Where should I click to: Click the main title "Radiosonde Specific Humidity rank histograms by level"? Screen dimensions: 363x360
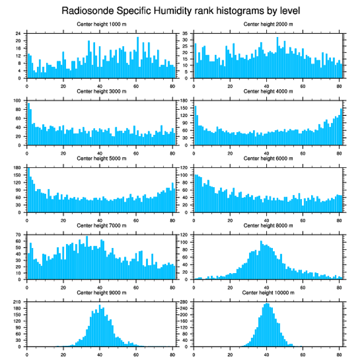click(x=180, y=10)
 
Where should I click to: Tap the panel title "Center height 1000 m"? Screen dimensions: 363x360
click(x=101, y=24)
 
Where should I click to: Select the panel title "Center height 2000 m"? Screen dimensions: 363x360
click(x=268, y=24)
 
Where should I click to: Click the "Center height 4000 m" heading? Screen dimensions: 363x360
click(x=268, y=91)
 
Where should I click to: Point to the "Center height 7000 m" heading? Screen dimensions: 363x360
click(x=101, y=225)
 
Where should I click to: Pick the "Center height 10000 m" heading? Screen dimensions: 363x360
click(x=268, y=293)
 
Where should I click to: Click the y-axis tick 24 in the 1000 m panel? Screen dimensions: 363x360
click(x=18, y=33)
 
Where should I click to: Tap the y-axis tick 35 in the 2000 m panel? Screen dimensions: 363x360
click(x=185, y=33)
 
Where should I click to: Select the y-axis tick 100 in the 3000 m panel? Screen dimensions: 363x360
click(x=17, y=100)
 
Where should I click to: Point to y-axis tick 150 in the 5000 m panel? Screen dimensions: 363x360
click(x=17, y=175)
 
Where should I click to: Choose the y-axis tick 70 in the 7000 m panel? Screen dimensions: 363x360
click(x=18, y=235)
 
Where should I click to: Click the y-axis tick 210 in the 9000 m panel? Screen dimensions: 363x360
click(x=17, y=302)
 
